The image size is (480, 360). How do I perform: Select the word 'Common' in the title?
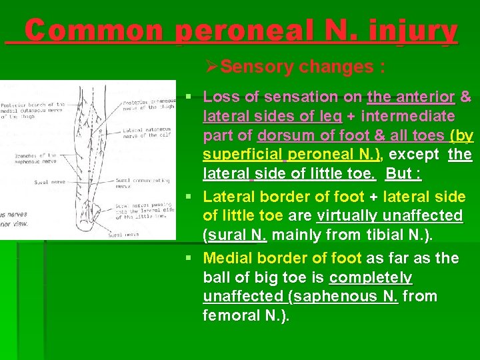94,31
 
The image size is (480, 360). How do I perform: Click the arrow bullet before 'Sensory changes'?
212,67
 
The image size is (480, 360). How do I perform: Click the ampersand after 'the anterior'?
465,97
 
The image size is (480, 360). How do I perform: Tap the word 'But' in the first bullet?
398,175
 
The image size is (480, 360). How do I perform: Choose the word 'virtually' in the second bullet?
347,216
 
